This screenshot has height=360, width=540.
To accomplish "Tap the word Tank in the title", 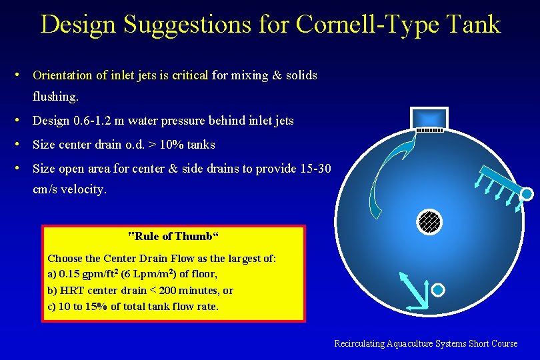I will pyautogui.click(x=475, y=24).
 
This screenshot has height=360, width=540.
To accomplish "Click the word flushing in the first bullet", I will pyautogui.click(x=55, y=97).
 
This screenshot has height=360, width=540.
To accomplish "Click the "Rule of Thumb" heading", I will pyautogui.click(x=173, y=236).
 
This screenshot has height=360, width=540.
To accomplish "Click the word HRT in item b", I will pyautogui.click(x=71, y=291).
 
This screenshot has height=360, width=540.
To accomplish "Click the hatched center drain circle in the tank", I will pyautogui.click(x=429, y=221).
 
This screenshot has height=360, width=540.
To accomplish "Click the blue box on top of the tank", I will pyautogui.click(x=429, y=115).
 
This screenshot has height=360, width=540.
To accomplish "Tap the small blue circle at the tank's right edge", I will pyautogui.click(x=527, y=194).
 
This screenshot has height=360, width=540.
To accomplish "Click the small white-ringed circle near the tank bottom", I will pyautogui.click(x=438, y=290).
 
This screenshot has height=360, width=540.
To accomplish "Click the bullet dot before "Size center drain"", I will pyautogui.click(x=23, y=145).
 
